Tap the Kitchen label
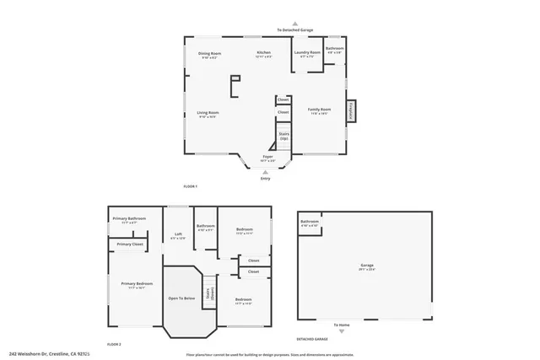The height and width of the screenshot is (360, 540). pyautogui.click(x=264, y=54)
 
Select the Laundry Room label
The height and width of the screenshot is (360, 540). pyautogui.click(x=307, y=54)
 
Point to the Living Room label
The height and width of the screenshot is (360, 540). pyautogui.click(x=208, y=114)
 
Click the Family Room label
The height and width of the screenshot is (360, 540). pyautogui.click(x=319, y=110)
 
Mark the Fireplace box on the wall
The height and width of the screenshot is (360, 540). pyautogui.click(x=350, y=110)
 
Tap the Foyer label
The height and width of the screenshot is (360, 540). pyautogui.click(x=267, y=158)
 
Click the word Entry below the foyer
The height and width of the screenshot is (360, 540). pyautogui.click(x=267, y=178)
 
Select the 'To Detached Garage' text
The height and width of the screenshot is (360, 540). pyautogui.click(x=294, y=30)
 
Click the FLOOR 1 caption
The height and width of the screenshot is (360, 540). pyautogui.click(x=190, y=185)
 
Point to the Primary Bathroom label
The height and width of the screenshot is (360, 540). pyautogui.click(x=130, y=219)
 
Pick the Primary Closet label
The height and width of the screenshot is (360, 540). pyautogui.click(x=131, y=244)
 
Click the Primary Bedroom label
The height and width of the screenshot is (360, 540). pyautogui.click(x=136, y=284)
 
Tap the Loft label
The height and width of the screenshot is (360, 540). pyautogui.click(x=178, y=235)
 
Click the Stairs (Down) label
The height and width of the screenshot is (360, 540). pyautogui.click(x=213, y=294)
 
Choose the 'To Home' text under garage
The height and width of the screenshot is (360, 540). pyautogui.click(x=341, y=325)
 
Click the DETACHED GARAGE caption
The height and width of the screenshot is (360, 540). pyautogui.click(x=311, y=339)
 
